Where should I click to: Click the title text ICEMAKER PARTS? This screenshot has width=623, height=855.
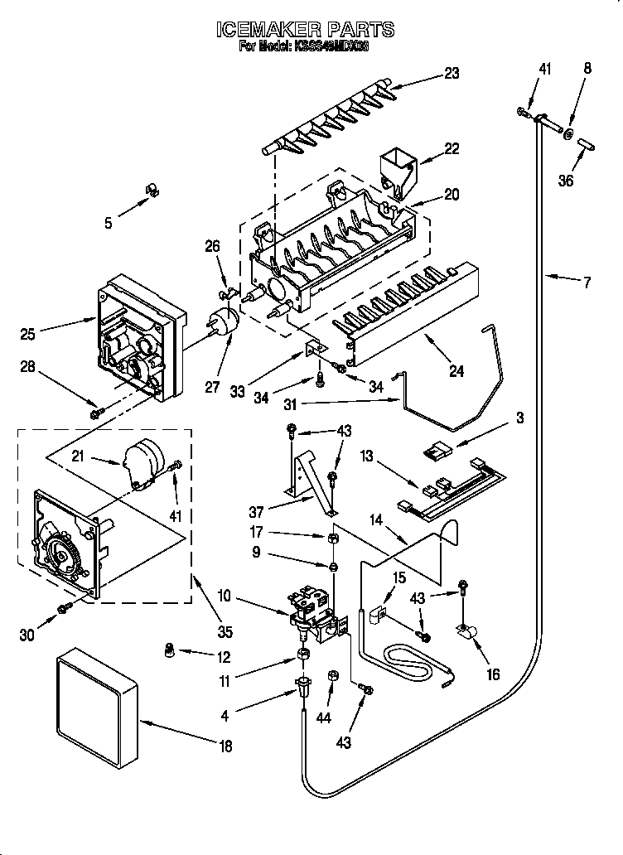tap(305, 30)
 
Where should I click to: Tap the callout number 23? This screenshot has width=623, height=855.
tap(451, 74)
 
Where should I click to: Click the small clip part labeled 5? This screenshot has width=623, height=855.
tap(152, 191)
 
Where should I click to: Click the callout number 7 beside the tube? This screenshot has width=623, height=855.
tap(587, 283)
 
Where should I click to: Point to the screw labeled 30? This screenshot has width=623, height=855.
tap(63, 610)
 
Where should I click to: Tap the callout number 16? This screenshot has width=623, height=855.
tap(493, 675)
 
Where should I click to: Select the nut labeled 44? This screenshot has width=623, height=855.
tap(334, 676)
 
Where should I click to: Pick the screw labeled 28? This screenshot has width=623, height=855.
tap(97, 411)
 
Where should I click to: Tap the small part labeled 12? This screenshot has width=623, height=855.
tap(171, 650)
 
